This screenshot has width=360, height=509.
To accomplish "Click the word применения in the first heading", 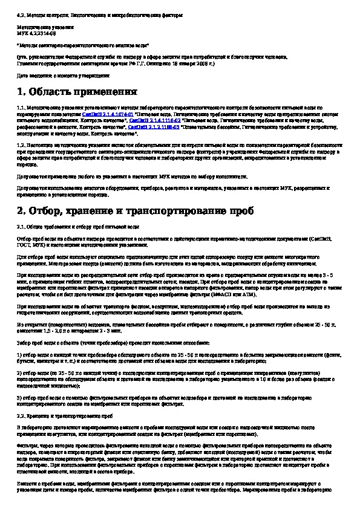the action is point(107,92).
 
